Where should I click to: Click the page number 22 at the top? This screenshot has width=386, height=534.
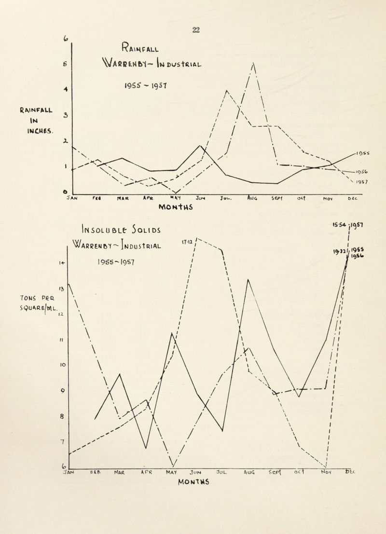click(195, 29)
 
